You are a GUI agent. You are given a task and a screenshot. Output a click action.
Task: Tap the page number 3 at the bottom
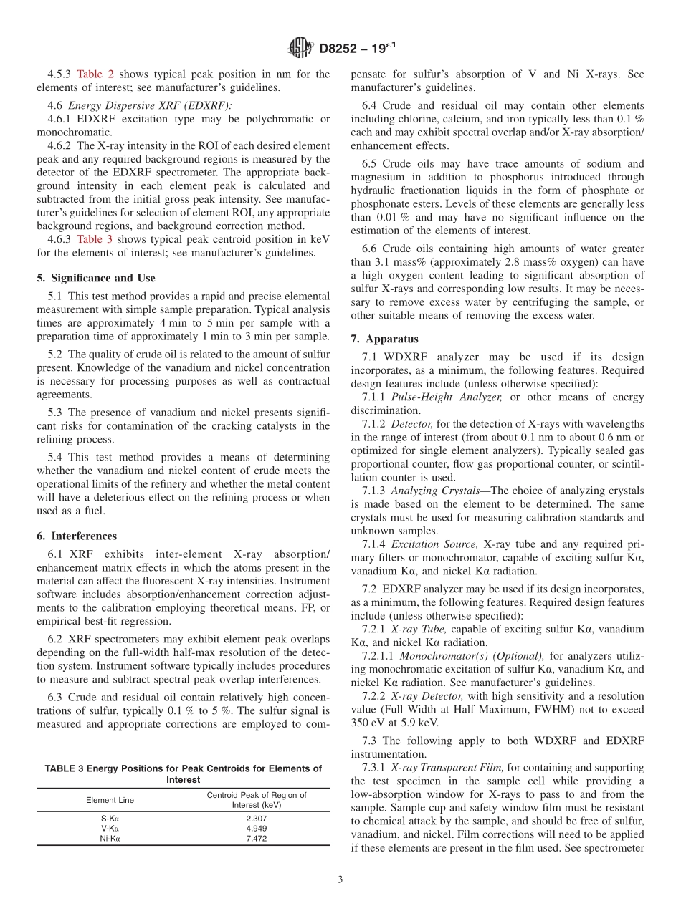pyautogui.click(x=340, y=880)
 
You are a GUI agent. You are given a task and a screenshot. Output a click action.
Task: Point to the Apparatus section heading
pyautogui.click(x=385, y=339)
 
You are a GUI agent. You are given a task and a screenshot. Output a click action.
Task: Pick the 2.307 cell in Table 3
pyautogui.click(x=256, y=817)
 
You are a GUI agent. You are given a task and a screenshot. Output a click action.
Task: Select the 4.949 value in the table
pyautogui.click(x=256, y=828)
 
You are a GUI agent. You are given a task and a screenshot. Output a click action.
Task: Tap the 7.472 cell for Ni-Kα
pyautogui.click(x=256, y=839)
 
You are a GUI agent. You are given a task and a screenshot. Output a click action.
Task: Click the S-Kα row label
pyautogui.click(x=110, y=817)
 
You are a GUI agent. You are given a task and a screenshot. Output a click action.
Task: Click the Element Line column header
pyautogui.click(x=110, y=800)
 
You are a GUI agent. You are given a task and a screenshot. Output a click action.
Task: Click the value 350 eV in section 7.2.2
pyautogui.click(x=368, y=723)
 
